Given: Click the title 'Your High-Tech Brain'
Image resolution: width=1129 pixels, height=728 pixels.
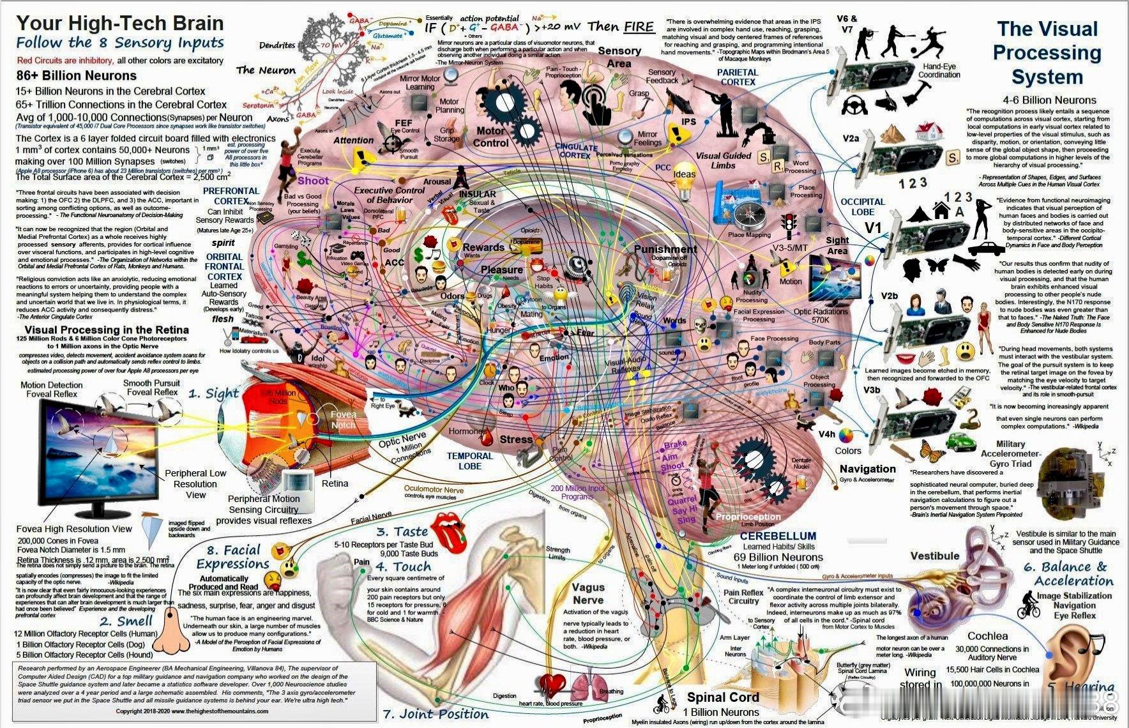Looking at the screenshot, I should pyautogui.click(x=120, y=24).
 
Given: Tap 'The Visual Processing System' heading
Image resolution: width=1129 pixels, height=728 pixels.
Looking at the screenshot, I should pyautogui.click(x=1047, y=53).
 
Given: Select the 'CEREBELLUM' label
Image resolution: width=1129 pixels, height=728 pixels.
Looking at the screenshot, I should pyautogui.click(x=778, y=536).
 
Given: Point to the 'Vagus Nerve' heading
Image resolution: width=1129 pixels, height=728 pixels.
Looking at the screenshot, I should pyautogui.click(x=587, y=593).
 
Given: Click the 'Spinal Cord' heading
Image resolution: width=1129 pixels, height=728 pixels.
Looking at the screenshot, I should pyautogui.click(x=723, y=697).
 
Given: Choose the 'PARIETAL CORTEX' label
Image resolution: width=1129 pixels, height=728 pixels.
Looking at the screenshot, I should pyautogui.click(x=738, y=77).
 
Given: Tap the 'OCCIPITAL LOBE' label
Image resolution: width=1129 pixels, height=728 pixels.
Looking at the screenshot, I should pyautogui.click(x=863, y=206).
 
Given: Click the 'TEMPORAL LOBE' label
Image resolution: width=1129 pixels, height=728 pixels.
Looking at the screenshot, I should pyautogui.click(x=469, y=460).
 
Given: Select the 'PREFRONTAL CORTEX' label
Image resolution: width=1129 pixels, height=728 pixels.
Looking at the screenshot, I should pyautogui.click(x=231, y=195).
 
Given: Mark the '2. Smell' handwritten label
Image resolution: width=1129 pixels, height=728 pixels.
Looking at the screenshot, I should pyautogui.click(x=126, y=621).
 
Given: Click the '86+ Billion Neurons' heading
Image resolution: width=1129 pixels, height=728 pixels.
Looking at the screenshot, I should pyautogui.click(x=76, y=75).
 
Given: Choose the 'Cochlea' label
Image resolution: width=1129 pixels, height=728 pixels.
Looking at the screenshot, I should pyautogui.click(x=987, y=636).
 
